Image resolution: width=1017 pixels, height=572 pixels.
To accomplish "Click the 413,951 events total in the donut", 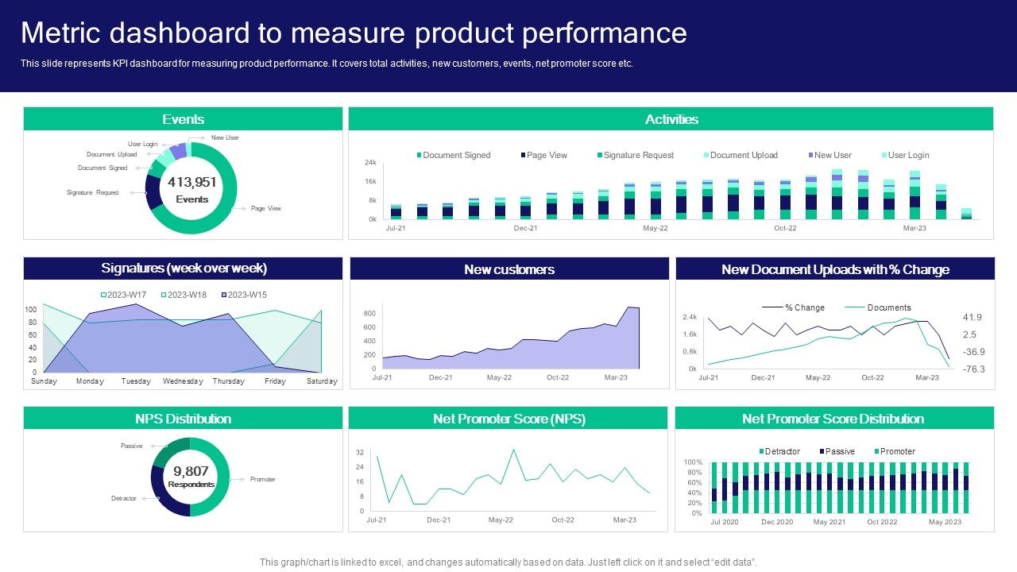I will (191, 183).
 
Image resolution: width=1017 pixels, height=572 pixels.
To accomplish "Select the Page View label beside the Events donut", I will (266, 208).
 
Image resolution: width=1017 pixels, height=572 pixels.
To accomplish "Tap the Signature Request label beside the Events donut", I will (93, 193).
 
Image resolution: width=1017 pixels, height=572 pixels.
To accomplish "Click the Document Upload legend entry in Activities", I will (744, 155).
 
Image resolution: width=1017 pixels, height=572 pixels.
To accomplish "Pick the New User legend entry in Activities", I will (833, 155).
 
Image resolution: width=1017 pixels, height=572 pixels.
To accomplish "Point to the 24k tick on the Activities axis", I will (370, 163).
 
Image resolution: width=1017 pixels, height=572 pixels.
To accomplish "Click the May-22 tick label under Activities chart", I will (655, 229).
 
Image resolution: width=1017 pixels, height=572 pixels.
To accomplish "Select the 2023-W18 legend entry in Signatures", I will (188, 295).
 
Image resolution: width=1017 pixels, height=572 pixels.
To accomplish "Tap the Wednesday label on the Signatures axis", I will (183, 381).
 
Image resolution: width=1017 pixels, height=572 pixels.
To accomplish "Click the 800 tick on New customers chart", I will (369, 314).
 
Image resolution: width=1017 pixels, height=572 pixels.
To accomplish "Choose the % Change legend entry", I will (804, 307).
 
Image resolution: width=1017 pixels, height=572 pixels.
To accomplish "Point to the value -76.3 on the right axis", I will (973, 369).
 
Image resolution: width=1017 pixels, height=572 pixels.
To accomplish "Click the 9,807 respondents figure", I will (191, 471).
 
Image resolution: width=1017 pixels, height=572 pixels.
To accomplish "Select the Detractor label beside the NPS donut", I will (124, 498).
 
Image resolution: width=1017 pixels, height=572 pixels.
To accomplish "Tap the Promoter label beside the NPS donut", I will (263, 479).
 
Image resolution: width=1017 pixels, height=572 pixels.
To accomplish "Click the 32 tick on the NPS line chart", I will (360, 452).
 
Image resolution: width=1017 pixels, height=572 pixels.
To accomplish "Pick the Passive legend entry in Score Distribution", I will (840, 451).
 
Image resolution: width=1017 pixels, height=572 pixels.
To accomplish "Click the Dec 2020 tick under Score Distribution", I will (777, 522).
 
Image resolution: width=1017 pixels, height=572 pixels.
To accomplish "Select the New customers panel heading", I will (509, 269).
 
